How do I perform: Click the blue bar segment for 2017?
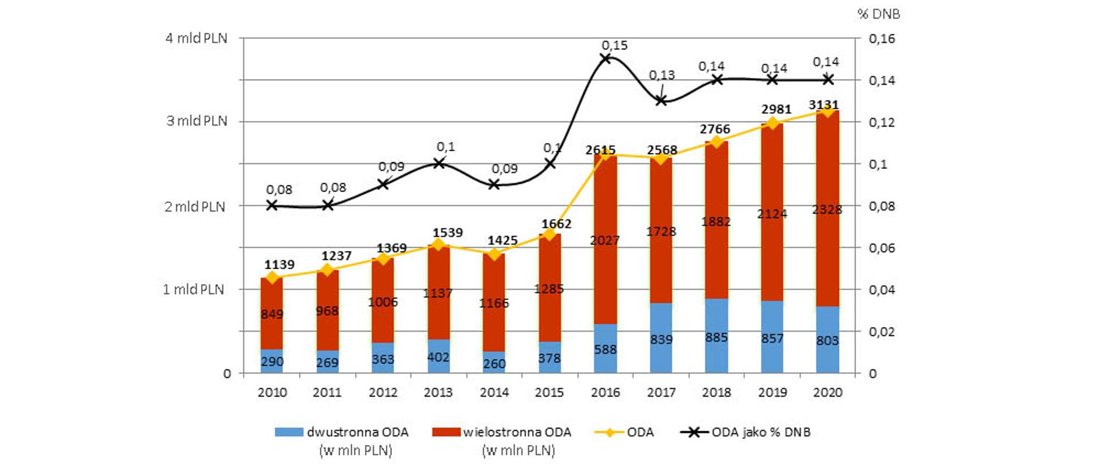tap(661, 338)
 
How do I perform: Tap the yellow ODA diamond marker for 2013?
tap(438, 245)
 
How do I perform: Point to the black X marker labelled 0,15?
tap(605, 58)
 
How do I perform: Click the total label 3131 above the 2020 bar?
tap(823, 105)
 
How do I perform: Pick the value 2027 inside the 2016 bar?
tap(605, 241)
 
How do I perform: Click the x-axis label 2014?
tap(494, 392)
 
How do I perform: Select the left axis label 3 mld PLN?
tap(197, 121)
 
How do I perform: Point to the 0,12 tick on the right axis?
tap(881, 122)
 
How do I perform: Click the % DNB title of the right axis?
tap(878, 14)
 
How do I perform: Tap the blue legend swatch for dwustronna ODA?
tap(289, 432)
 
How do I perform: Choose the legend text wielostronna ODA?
tap(517, 432)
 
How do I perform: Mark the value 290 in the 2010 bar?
tap(272, 361)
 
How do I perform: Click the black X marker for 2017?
tap(661, 101)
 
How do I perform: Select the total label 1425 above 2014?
tap(502, 241)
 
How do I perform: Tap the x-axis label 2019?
tap(772, 392)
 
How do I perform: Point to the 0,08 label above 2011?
tap(333, 188)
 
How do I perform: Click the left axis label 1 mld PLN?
tap(194, 289)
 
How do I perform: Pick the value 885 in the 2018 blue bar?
tap(716, 337)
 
